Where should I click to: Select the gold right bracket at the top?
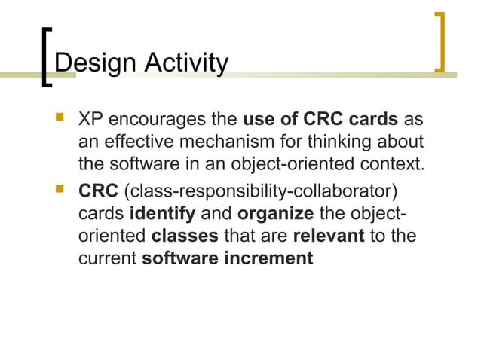(441, 42)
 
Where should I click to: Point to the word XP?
(92, 119)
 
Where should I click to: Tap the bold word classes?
(185, 235)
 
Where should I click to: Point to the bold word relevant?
(328, 235)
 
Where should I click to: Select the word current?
(108, 258)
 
